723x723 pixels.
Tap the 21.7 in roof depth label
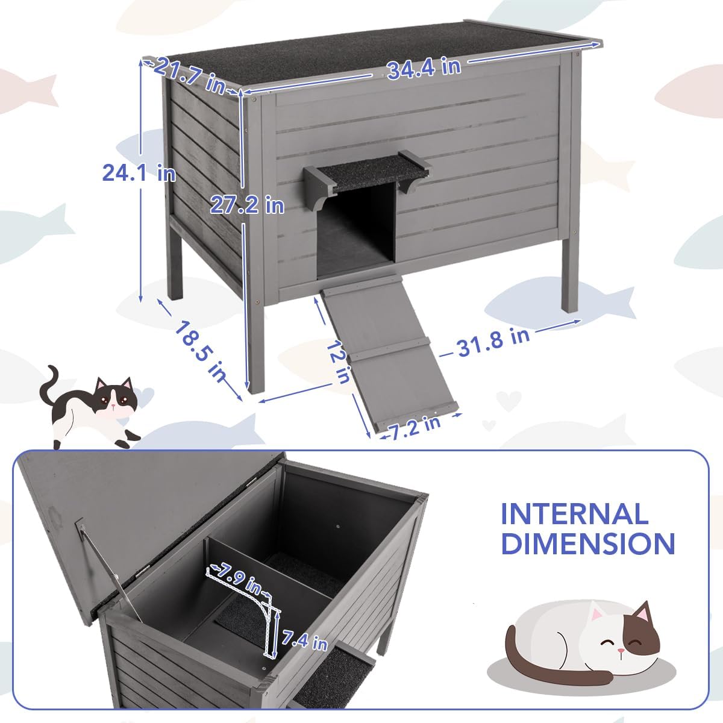tap(189, 76)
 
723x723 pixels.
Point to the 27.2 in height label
tap(247, 205)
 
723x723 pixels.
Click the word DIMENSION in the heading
tap(587, 543)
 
